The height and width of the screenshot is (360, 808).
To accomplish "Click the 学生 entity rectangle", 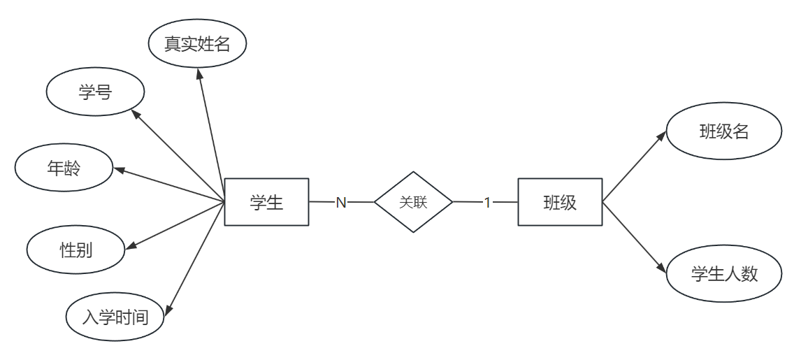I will click(x=266, y=202).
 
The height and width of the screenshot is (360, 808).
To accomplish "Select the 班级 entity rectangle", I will click(x=560, y=202).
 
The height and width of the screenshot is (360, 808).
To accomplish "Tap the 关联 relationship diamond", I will click(x=413, y=202).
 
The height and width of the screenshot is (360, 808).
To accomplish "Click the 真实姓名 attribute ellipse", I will click(x=199, y=44).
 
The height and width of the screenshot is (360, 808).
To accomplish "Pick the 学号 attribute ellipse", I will click(x=95, y=92).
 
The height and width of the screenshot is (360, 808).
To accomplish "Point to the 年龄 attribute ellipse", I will click(x=64, y=168).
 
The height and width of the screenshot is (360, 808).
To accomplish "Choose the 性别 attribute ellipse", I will click(x=76, y=250).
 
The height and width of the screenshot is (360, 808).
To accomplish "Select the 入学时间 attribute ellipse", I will click(x=115, y=317).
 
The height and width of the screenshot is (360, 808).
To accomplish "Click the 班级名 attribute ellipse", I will click(x=723, y=131).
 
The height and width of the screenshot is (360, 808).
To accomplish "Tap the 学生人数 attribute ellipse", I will click(x=723, y=273).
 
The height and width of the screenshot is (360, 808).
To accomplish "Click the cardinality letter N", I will click(x=341, y=203).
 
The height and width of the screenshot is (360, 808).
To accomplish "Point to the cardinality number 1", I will click(x=488, y=203).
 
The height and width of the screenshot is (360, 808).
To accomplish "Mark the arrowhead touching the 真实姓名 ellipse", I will click(x=200, y=73).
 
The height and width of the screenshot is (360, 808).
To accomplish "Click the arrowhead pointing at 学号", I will click(x=136, y=113).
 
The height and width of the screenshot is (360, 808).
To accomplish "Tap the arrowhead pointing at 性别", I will click(x=130, y=245).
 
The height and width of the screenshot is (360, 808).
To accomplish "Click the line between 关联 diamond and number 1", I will click(x=466, y=202).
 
